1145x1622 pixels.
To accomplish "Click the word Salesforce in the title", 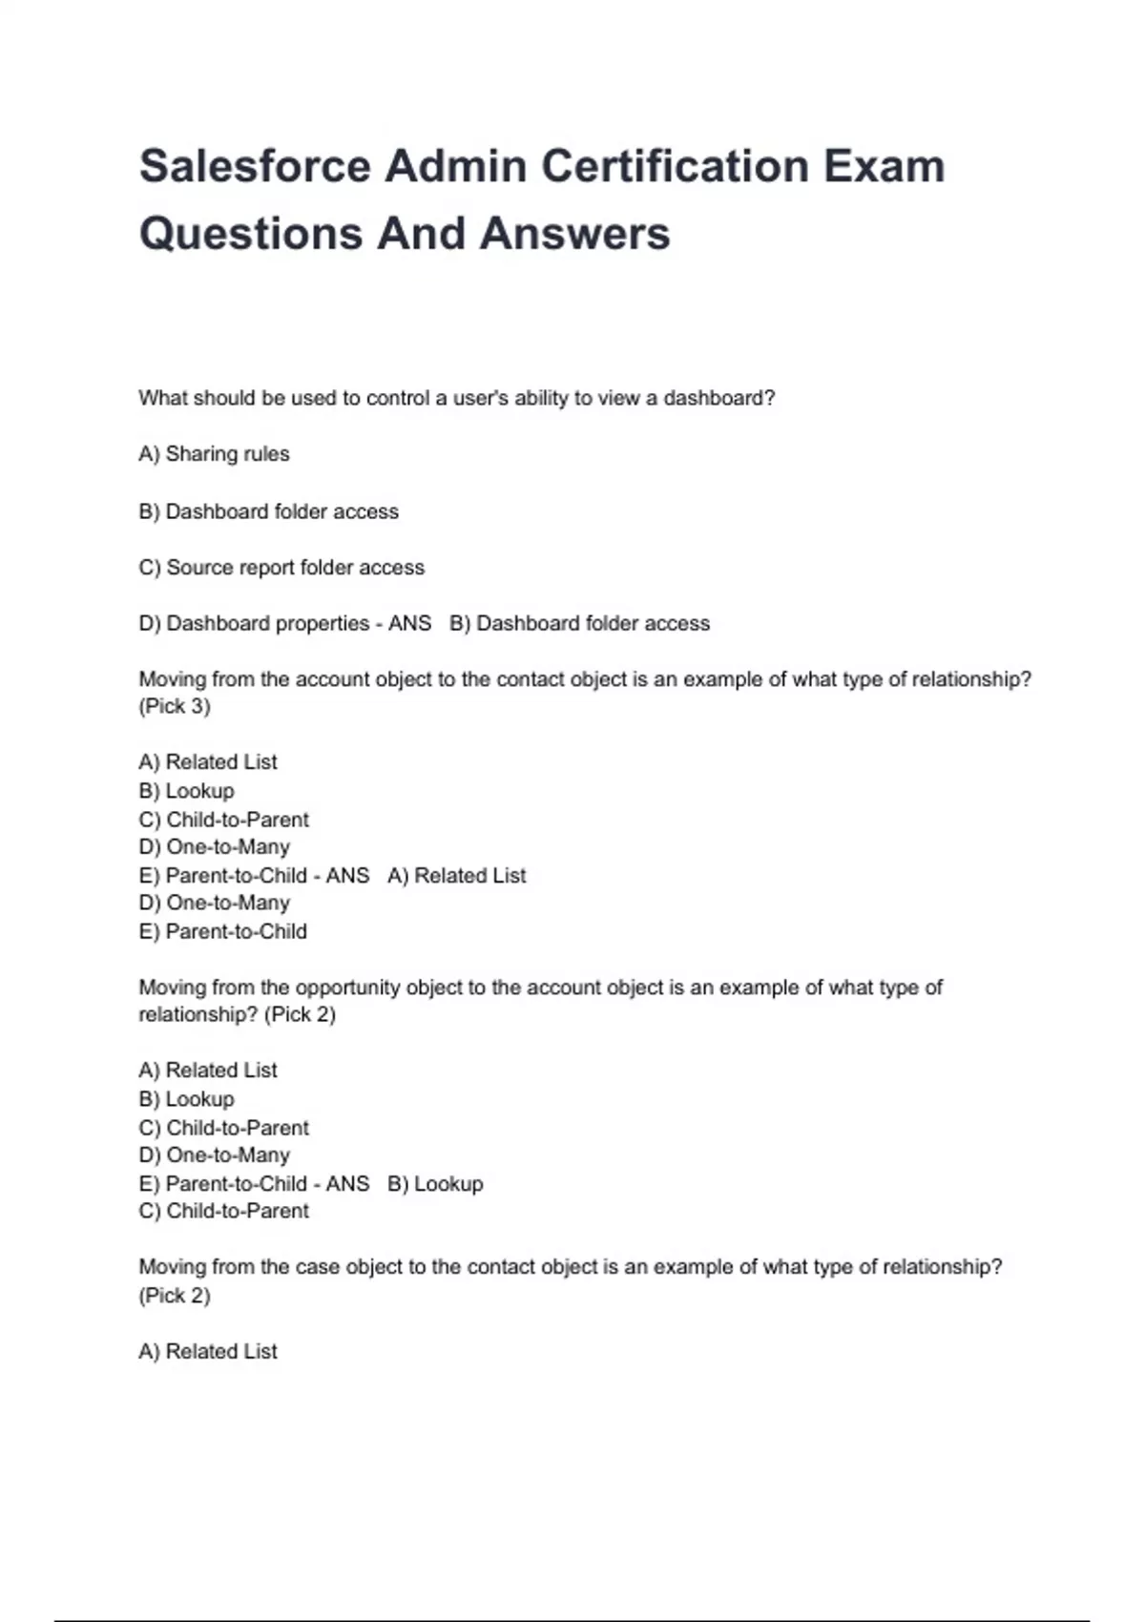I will click(255, 166).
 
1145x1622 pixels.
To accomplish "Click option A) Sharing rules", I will click(214, 454).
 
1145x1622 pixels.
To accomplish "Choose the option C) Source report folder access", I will click(281, 568).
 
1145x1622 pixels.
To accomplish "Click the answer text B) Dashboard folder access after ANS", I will click(580, 624).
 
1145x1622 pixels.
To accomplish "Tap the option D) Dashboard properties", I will click(254, 624).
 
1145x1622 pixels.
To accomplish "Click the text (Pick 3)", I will click(175, 707).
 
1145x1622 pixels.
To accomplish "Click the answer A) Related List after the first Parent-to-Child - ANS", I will click(456, 876).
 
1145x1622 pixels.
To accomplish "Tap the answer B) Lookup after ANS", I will click(435, 1184).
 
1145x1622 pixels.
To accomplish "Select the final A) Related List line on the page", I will click(208, 1352).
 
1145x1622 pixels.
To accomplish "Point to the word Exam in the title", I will click(885, 166).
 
